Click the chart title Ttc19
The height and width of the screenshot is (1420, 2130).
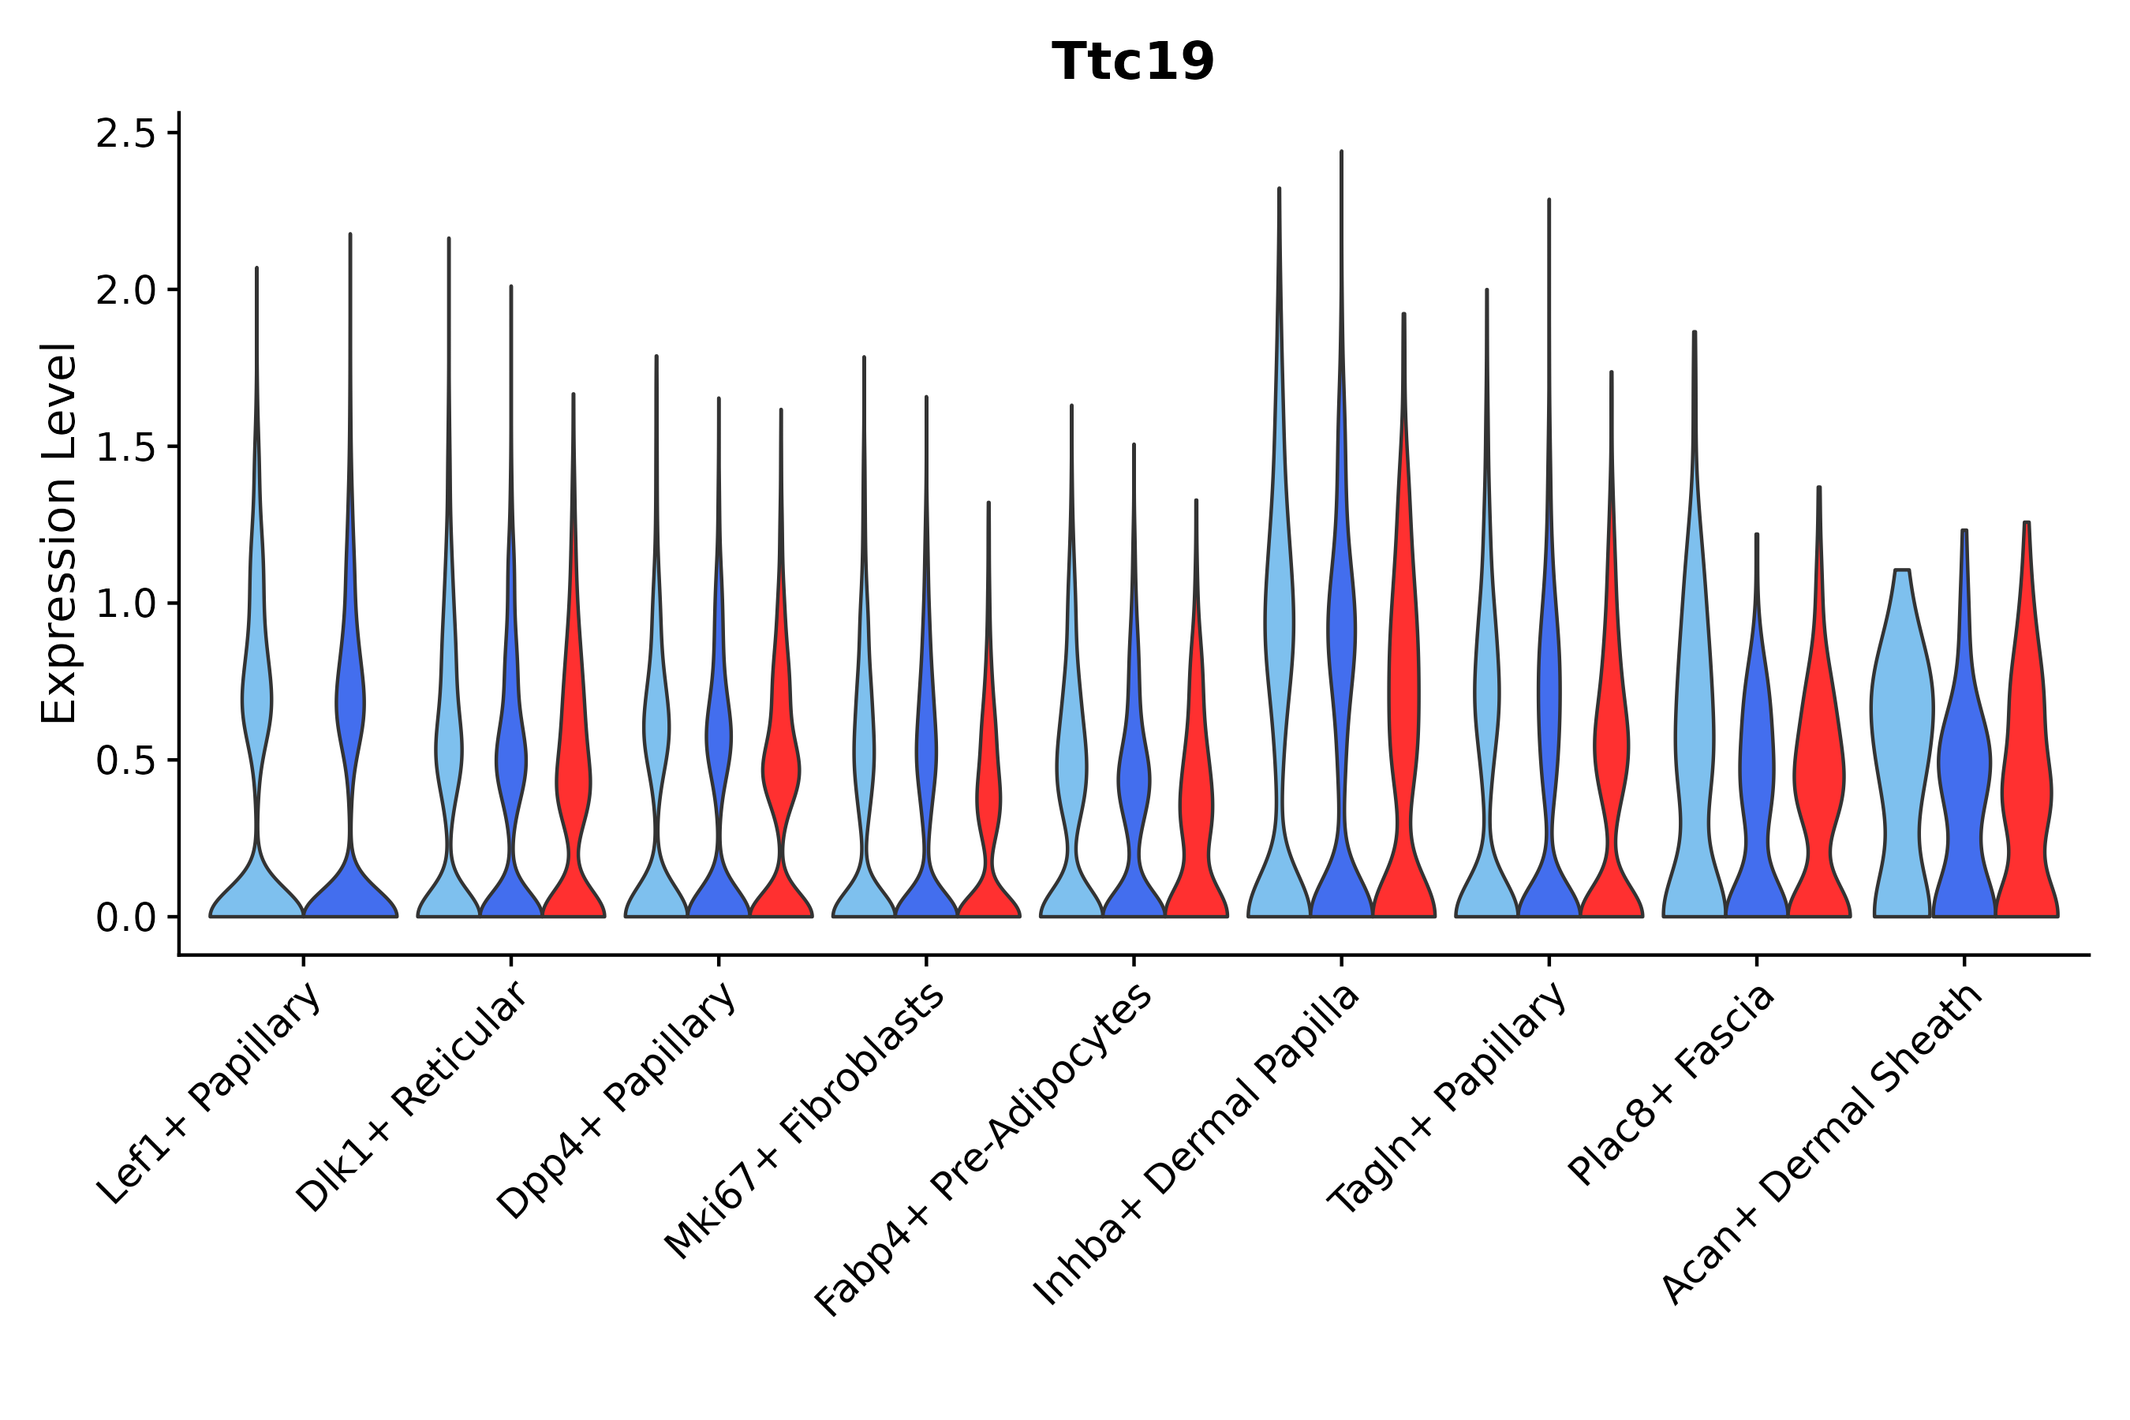(1132, 62)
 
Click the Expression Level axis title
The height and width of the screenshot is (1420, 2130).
(59, 532)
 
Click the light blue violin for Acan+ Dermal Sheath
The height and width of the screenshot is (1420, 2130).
(1901, 724)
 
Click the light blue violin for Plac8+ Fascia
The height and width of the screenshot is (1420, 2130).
(1693, 724)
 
